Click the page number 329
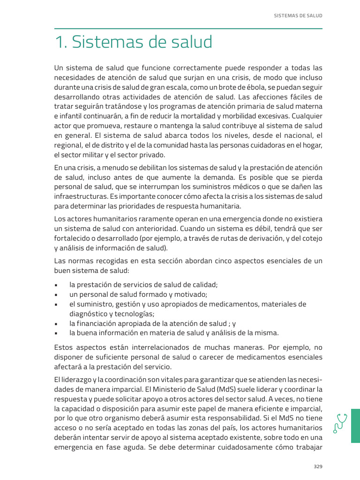[x=318, y=466]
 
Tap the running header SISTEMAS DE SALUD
[x=298, y=15]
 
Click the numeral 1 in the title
[x=59, y=43]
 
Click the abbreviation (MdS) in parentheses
[x=227, y=389]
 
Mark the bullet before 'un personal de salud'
[x=56, y=295]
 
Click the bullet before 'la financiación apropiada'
[x=56, y=324]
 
